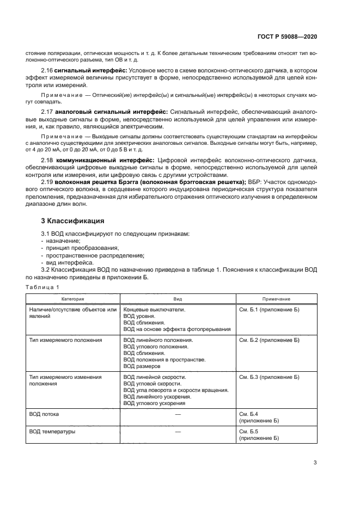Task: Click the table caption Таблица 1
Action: click(43, 287)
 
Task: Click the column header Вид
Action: click(178, 299)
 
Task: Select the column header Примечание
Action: click(276, 299)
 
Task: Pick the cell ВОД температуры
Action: click(52, 431)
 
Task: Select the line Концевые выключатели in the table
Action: click(155, 309)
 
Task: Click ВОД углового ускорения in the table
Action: click(154, 403)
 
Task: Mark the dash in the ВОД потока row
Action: click(178, 414)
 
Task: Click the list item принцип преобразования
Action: click(74, 248)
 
